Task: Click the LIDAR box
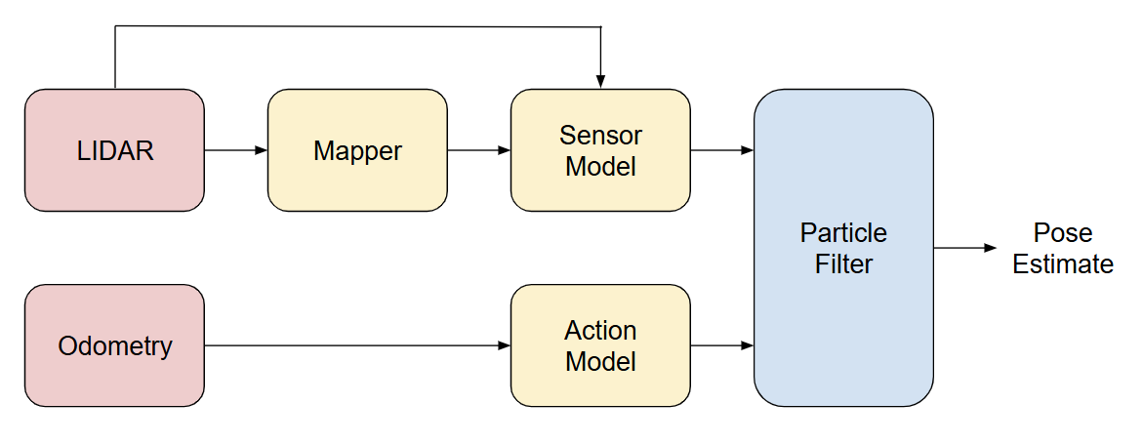(114, 150)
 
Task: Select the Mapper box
(357, 150)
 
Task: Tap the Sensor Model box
(600, 150)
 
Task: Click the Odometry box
(114, 345)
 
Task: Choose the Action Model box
(600, 345)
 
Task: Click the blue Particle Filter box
(843, 248)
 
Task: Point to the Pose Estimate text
(1062, 249)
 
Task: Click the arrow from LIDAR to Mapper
(235, 150)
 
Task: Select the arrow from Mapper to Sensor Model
(478, 150)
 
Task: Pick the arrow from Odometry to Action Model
(356, 345)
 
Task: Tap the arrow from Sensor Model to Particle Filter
(721, 150)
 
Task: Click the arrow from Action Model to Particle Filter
(721, 345)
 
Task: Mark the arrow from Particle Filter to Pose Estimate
(964, 248)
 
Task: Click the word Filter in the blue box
(843, 263)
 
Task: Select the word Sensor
(600, 135)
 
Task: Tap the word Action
(600, 330)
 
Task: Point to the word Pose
(1062, 233)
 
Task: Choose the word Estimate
(1062, 264)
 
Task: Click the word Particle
(843, 233)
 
